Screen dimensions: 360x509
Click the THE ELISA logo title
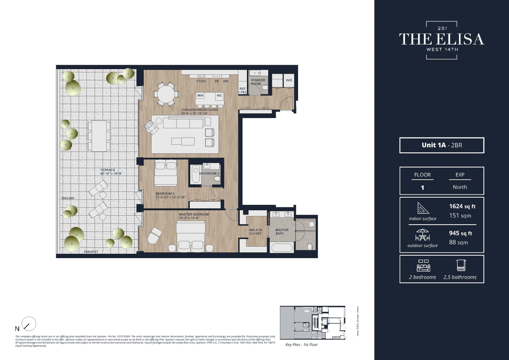tap(441, 39)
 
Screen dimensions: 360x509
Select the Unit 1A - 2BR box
tap(442, 145)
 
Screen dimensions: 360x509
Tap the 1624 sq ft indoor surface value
tap(462, 206)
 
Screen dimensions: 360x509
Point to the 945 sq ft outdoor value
tap(460, 233)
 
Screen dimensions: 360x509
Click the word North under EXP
tap(460, 187)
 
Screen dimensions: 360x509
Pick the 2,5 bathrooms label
tap(460, 277)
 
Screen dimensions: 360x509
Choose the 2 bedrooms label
tap(422, 277)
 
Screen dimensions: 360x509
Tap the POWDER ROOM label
tap(258, 82)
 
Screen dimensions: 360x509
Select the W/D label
tap(289, 80)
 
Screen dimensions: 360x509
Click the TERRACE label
tap(108, 170)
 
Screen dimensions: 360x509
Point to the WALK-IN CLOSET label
tap(256, 232)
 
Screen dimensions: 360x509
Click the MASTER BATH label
tap(282, 232)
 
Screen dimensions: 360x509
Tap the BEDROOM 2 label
tap(165, 194)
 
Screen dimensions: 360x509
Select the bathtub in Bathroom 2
tap(195, 174)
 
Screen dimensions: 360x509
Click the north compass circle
tap(29, 324)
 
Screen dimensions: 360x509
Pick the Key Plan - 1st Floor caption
tap(301, 345)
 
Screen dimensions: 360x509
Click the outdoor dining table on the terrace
tap(99, 136)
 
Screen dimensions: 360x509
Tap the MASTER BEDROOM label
tap(194, 215)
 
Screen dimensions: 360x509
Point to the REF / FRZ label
tap(243, 90)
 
